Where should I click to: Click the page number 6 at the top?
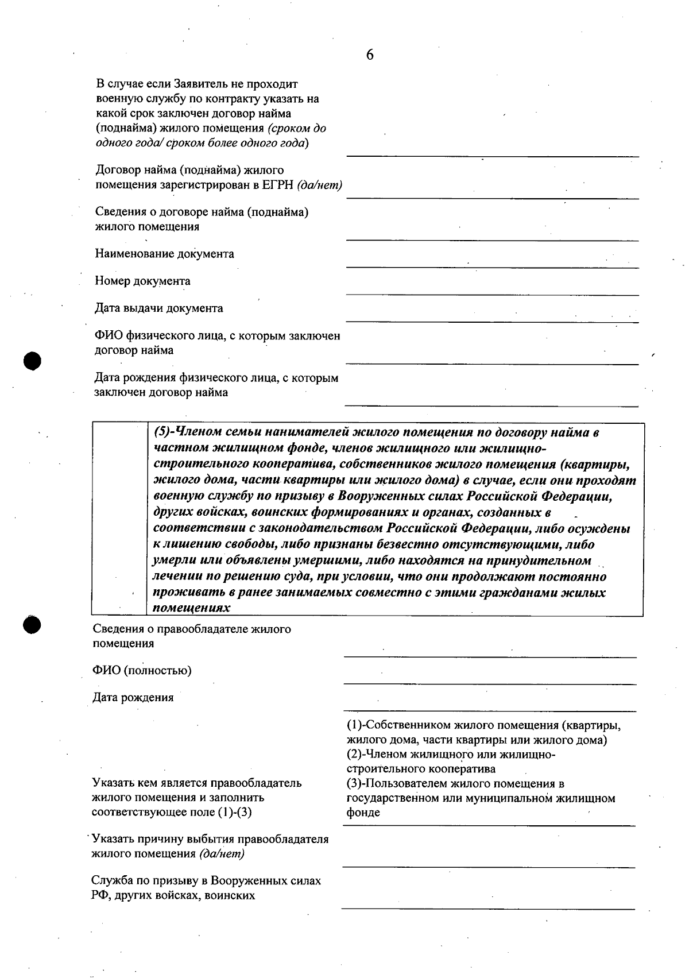pos(370,55)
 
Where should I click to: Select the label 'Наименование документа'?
pos(164,254)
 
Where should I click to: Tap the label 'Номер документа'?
pos(142,281)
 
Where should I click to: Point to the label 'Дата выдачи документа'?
pos(159,308)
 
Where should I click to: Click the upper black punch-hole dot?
pos(33,360)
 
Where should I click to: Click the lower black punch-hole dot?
pos(33,625)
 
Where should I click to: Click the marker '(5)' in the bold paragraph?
pos(162,432)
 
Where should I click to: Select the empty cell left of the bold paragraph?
pos(119,519)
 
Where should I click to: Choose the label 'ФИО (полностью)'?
pos(142,671)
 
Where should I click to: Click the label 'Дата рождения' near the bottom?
pos(133,698)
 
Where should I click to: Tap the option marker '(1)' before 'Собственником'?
pos(355,726)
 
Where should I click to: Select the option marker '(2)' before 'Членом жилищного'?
pos(355,755)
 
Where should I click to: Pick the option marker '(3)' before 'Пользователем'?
pos(355,783)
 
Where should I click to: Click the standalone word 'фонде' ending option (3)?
pos(363,813)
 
